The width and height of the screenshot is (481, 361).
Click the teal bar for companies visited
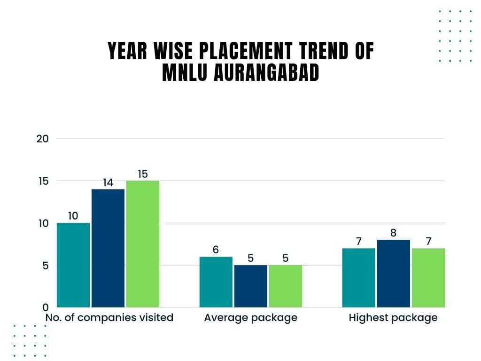tap(73, 265)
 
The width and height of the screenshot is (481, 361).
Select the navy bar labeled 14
tap(108, 248)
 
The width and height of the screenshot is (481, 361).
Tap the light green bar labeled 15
tap(143, 244)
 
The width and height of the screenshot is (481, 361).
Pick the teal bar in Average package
tap(216, 282)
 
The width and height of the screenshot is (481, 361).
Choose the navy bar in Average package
tap(251, 286)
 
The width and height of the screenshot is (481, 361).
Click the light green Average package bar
tap(286, 286)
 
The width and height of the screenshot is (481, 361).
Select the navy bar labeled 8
tap(394, 274)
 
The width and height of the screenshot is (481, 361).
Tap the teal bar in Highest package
tap(359, 278)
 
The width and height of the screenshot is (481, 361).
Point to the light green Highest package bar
tap(428, 278)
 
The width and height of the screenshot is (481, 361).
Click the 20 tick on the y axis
tap(43, 139)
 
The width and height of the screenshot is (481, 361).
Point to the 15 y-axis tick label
tap(43, 181)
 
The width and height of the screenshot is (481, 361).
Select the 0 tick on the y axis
tap(46, 307)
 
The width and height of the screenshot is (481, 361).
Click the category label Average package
tap(251, 318)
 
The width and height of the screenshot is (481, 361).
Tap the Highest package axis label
tap(393, 318)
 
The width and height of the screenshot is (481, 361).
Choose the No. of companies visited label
tap(109, 318)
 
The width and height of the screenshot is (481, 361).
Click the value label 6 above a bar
tap(216, 250)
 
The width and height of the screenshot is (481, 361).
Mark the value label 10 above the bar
tap(73, 216)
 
